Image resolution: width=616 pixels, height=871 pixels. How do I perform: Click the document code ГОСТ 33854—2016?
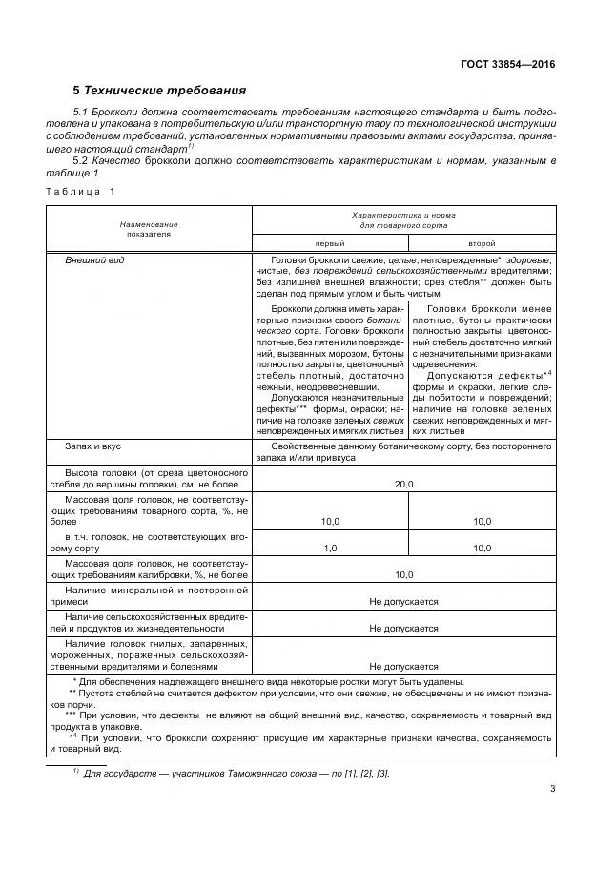(509, 64)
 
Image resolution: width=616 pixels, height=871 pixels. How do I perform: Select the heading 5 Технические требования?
(159, 91)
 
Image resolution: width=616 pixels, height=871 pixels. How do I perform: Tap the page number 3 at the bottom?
(552, 788)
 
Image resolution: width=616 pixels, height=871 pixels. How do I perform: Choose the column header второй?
(482, 243)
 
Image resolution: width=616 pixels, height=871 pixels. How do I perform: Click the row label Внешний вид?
(94, 259)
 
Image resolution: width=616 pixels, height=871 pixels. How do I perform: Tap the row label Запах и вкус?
(92, 446)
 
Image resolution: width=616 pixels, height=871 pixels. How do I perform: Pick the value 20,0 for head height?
(404, 485)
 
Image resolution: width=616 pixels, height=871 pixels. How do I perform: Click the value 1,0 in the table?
(330, 549)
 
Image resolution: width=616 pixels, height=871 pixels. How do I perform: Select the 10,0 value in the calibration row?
(404, 575)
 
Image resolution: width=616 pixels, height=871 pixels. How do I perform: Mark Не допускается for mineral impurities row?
(404, 602)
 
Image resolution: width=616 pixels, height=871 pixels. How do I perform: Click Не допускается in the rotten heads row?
(404, 667)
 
